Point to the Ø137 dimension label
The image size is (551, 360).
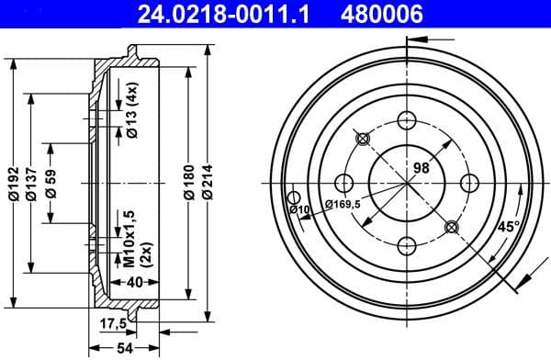click(32, 184)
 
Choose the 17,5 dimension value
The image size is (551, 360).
click(112, 322)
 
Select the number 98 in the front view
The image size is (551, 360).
click(422, 168)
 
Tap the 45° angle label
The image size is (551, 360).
click(508, 226)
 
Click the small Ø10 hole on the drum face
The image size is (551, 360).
click(293, 197)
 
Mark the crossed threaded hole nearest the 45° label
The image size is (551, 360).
click(450, 227)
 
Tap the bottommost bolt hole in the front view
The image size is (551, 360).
click(405, 244)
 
